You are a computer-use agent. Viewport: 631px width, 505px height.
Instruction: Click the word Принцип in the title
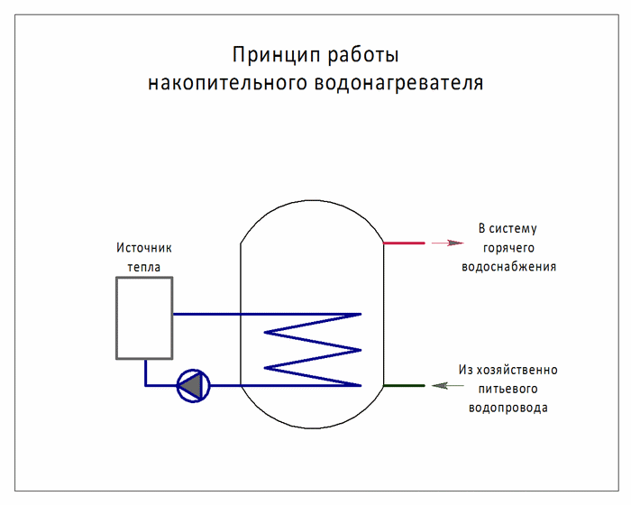pos(276,55)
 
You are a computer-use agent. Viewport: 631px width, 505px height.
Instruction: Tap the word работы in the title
pos(363,55)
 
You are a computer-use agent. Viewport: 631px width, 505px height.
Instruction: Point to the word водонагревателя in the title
pos(398,83)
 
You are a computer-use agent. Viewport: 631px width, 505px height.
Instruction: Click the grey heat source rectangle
pos(116,317)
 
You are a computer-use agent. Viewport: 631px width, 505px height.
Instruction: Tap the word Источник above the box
pos(144,247)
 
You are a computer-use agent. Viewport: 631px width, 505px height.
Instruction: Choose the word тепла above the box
pos(144,267)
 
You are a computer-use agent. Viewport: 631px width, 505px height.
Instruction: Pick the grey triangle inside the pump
pos(190,386)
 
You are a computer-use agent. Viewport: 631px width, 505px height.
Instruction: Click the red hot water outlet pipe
pos(404,243)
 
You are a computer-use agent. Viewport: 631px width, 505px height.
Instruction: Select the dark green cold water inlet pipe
pos(404,385)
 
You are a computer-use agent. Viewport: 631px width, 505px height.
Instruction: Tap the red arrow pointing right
pos(447,243)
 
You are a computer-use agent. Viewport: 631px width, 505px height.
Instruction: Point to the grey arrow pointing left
pos(447,385)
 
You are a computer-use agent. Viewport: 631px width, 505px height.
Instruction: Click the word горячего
pos(508,248)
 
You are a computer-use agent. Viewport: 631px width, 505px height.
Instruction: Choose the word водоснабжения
pos(508,267)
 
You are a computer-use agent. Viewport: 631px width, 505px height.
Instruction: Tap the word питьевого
pos(508,389)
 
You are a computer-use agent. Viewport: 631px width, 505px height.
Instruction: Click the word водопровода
pos(508,408)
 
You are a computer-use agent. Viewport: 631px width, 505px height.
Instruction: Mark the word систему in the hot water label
pos(513,229)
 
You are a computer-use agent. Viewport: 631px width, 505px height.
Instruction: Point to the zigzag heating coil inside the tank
pos(312,350)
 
